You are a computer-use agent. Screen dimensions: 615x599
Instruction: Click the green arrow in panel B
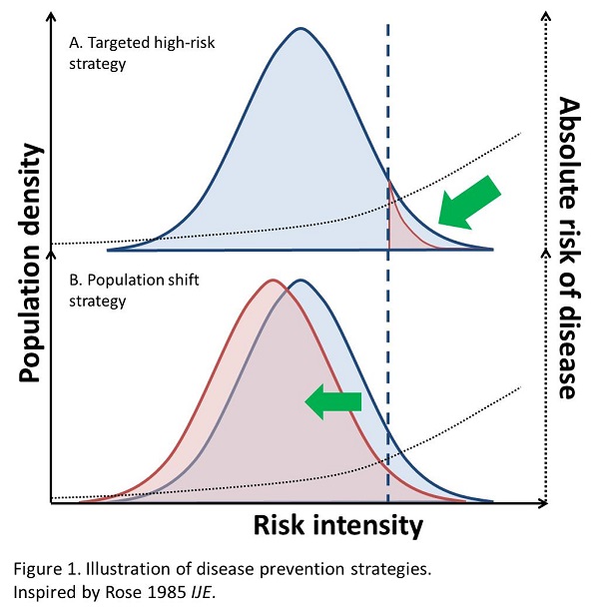[x=333, y=402]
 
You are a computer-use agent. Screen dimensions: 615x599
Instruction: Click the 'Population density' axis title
[x=29, y=262]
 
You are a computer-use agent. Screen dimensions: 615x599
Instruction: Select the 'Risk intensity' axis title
[x=337, y=525]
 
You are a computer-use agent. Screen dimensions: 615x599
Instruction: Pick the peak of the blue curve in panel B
[x=298, y=281]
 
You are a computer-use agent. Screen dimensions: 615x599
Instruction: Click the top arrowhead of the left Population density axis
[x=51, y=14]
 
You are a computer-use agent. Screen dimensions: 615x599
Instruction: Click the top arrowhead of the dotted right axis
[x=544, y=14]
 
